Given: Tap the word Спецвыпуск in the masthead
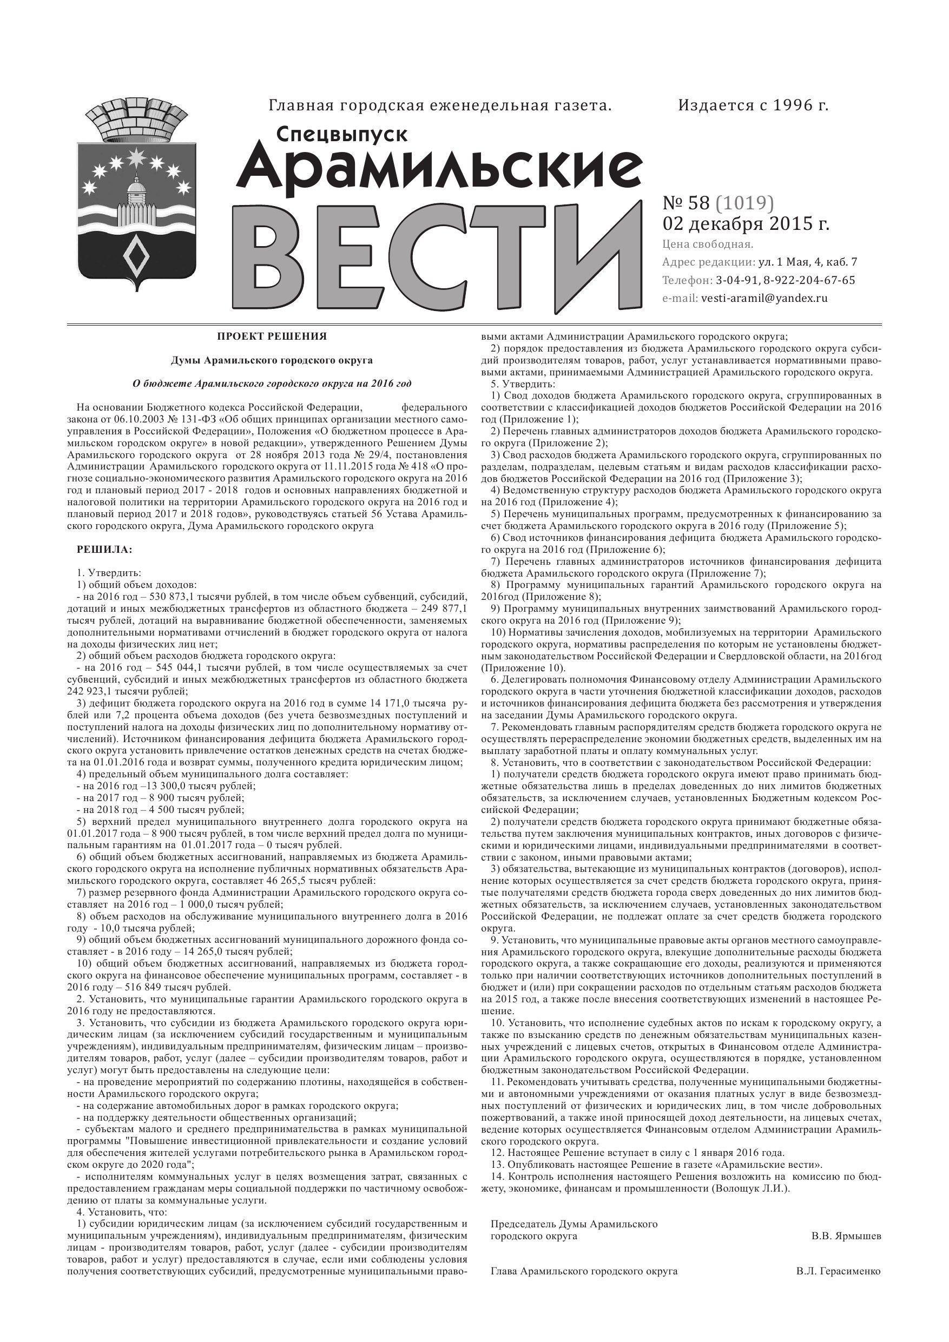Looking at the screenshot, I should tap(341, 135).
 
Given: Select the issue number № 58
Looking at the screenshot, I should tap(687, 203).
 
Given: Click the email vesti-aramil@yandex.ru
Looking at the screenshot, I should tap(763, 298).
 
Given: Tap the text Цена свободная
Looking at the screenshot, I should tap(708, 244).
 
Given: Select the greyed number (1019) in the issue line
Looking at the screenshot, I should tap(745, 203).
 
